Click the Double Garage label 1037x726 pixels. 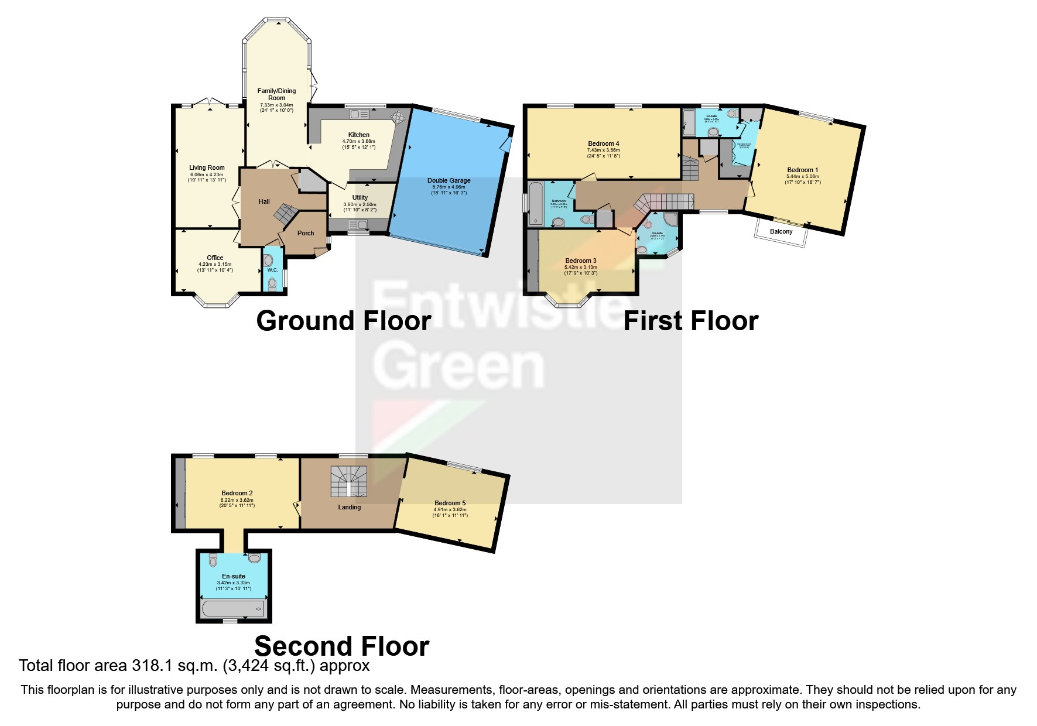[x=449, y=180]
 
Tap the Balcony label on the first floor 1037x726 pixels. [x=781, y=232]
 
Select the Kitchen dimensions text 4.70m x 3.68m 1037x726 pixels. [x=359, y=141]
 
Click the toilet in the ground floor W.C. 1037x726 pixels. [x=272, y=285]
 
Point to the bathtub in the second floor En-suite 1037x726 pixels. [x=234, y=609]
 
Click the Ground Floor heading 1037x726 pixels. [x=344, y=321]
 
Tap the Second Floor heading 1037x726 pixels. [x=341, y=646]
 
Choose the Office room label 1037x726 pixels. [x=215, y=258]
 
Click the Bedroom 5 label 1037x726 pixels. [x=450, y=503]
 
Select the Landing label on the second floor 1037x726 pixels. [x=349, y=507]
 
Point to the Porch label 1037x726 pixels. [x=306, y=233]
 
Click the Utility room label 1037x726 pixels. [x=360, y=197]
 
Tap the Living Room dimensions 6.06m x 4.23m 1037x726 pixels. [x=207, y=174]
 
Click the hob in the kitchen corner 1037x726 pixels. [x=398, y=118]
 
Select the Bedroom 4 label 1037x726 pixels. [x=603, y=143]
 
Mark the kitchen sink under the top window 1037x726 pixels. [x=357, y=114]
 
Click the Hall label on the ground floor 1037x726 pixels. [x=264, y=201]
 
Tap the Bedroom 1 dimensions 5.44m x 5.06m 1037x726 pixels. [x=802, y=176]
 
